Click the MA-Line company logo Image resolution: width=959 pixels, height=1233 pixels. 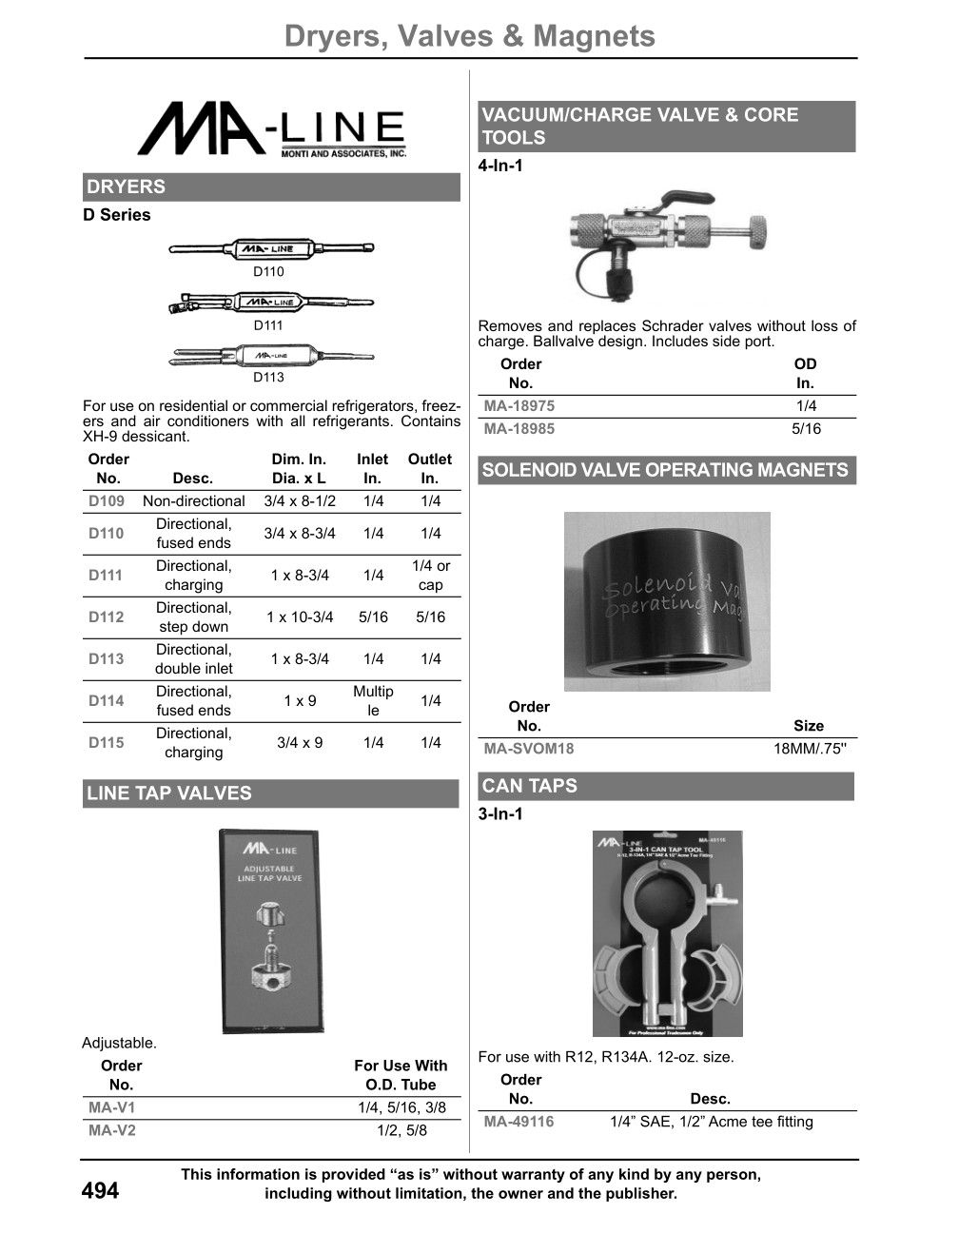tap(272, 130)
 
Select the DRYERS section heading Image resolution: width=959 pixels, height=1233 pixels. tap(126, 186)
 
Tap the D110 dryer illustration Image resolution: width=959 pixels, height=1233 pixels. tap(271, 249)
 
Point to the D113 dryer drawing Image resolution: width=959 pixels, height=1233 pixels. tap(271, 357)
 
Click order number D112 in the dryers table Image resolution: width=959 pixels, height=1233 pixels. tap(107, 616)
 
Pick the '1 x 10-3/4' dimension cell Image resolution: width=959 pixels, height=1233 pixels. tap(300, 616)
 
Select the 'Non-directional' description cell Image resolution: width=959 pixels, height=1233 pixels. tap(193, 501)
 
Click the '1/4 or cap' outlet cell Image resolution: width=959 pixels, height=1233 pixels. tap(430, 575)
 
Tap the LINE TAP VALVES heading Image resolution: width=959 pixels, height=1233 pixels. tap(169, 793)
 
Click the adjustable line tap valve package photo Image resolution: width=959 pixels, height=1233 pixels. tap(272, 930)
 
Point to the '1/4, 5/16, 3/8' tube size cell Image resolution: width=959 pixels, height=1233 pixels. tap(401, 1107)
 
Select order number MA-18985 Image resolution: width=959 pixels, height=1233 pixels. tap(519, 429)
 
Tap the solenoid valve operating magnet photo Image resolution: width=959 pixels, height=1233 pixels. tap(667, 601)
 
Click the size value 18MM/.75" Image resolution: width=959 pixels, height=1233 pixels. tap(809, 749)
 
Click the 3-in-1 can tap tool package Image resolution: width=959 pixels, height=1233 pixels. tap(667, 933)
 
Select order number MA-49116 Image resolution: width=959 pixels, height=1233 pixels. tap(519, 1122)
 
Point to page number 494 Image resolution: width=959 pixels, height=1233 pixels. tap(101, 1190)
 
